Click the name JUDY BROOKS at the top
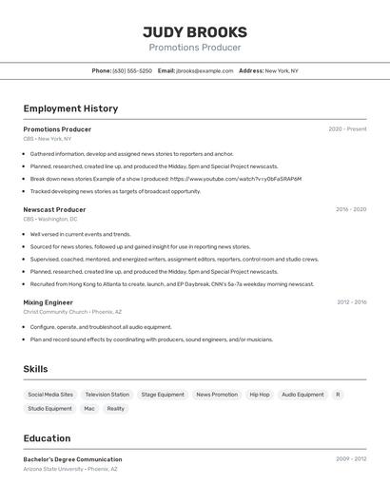[194, 31]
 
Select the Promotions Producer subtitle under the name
[194, 48]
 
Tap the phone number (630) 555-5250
[132, 70]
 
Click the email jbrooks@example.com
[204, 70]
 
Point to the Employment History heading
[70, 108]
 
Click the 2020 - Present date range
[347, 129]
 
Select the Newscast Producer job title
[54, 209]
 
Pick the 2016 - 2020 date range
[350, 209]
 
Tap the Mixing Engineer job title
[48, 302]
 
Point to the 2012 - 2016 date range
[351, 302]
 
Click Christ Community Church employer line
[72, 312]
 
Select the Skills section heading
[35, 369]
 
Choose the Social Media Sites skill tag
[50, 395]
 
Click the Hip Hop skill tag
[260, 395]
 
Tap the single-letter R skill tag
[338, 395]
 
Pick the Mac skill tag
[89, 409]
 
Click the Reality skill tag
[115, 409]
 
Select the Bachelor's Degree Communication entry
[72, 459]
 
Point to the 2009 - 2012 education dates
[351, 459]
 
